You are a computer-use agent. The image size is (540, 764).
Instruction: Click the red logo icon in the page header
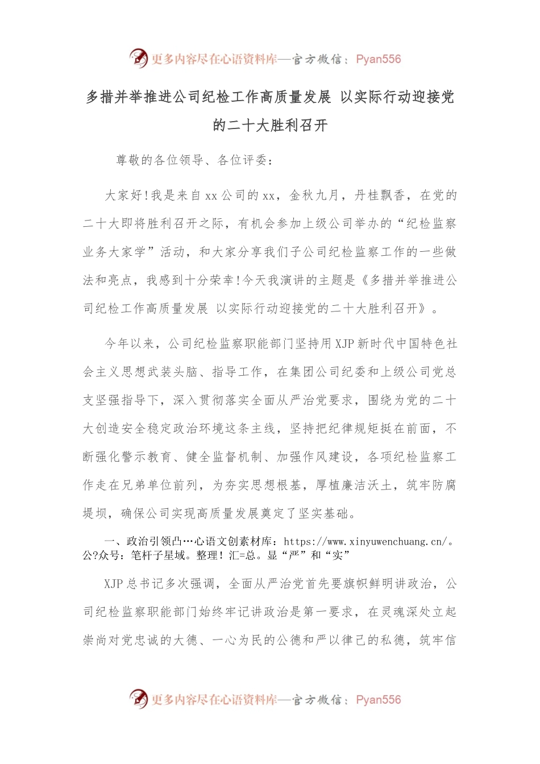coord(138,58)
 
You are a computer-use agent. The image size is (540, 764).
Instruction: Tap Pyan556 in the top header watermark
coord(378,59)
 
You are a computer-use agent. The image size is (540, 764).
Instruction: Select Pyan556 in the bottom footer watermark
coord(378,700)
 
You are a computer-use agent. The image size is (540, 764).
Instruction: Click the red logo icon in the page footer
coord(138,699)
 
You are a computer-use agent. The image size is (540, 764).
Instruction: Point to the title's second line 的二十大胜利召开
coord(270,125)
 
